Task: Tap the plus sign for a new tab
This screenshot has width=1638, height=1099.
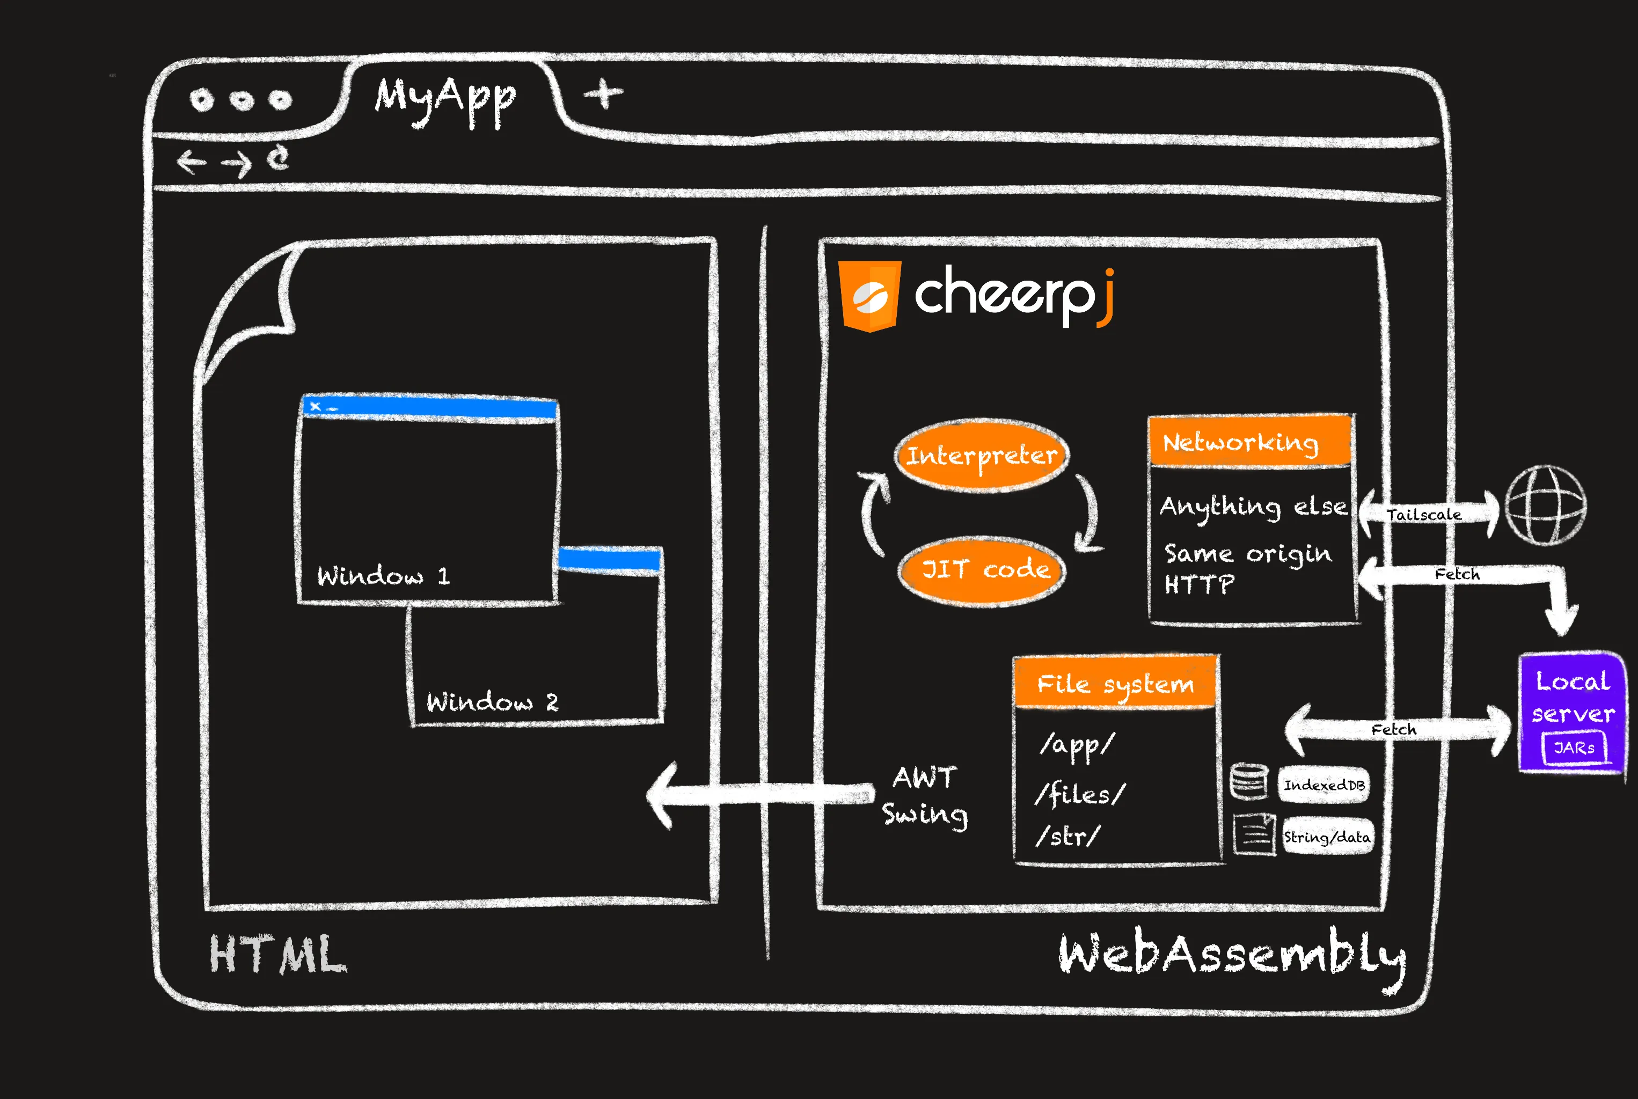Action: click(603, 93)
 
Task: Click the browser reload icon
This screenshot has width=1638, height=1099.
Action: click(279, 158)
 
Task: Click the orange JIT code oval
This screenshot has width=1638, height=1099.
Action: click(983, 570)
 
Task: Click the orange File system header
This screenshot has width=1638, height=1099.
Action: click(1115, 683)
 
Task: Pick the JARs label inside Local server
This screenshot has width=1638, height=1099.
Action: click(1574, 748)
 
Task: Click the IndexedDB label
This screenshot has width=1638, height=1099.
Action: click(1323, 785)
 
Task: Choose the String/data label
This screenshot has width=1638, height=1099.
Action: click(1326, 837)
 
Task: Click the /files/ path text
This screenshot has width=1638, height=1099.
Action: click(1079, 794)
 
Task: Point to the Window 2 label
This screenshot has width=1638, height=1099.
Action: click(492, 701)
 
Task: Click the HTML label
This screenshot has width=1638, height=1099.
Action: click(277, 955)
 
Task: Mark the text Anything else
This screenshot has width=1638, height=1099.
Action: click(1253, 506)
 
